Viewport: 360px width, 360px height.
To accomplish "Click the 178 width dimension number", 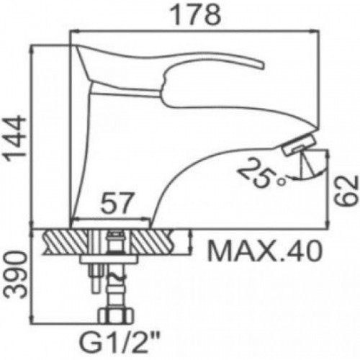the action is [x=196, y=15].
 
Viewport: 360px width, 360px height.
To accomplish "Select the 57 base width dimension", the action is [x=117, y=203].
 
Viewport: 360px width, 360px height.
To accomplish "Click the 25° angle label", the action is [x=261, y=172].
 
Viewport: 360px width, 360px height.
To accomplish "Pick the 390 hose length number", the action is [x=16, y=274].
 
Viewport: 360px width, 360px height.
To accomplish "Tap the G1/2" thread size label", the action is [x=120, y=344].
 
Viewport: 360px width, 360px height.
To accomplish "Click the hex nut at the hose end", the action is [x=116, y=316].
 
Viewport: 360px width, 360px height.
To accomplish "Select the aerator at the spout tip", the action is [x=299, y=144].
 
